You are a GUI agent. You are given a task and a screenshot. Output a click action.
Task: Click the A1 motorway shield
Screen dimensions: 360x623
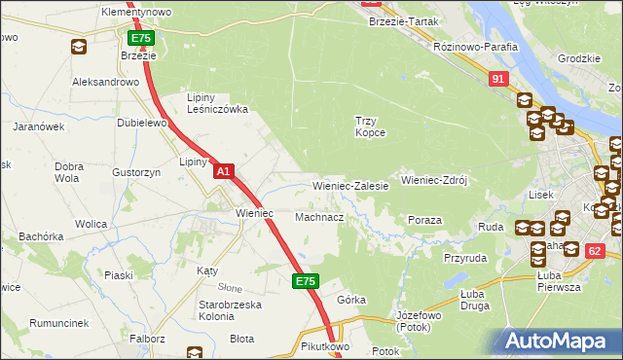click(223, 171)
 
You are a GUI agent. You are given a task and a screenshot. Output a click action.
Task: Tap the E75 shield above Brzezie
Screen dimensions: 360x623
click(141, 38)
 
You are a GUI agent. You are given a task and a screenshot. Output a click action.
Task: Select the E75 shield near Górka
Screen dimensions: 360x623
click(305, 281)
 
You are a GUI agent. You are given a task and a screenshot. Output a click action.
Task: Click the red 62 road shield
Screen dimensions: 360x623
click(595, 250)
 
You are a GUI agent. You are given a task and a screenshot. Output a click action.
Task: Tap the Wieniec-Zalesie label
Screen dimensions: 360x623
click(350, 185)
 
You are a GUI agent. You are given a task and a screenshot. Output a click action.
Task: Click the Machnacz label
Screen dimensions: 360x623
click(319, 217)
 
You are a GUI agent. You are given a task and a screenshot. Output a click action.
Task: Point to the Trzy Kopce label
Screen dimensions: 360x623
click(369, 126)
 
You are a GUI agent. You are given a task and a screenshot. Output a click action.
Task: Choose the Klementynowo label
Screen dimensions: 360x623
click(136, 12)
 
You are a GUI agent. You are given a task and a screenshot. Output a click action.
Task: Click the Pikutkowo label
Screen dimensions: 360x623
click(325, 345)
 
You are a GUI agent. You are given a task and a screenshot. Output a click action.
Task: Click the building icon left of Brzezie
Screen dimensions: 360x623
click(78, 47)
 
